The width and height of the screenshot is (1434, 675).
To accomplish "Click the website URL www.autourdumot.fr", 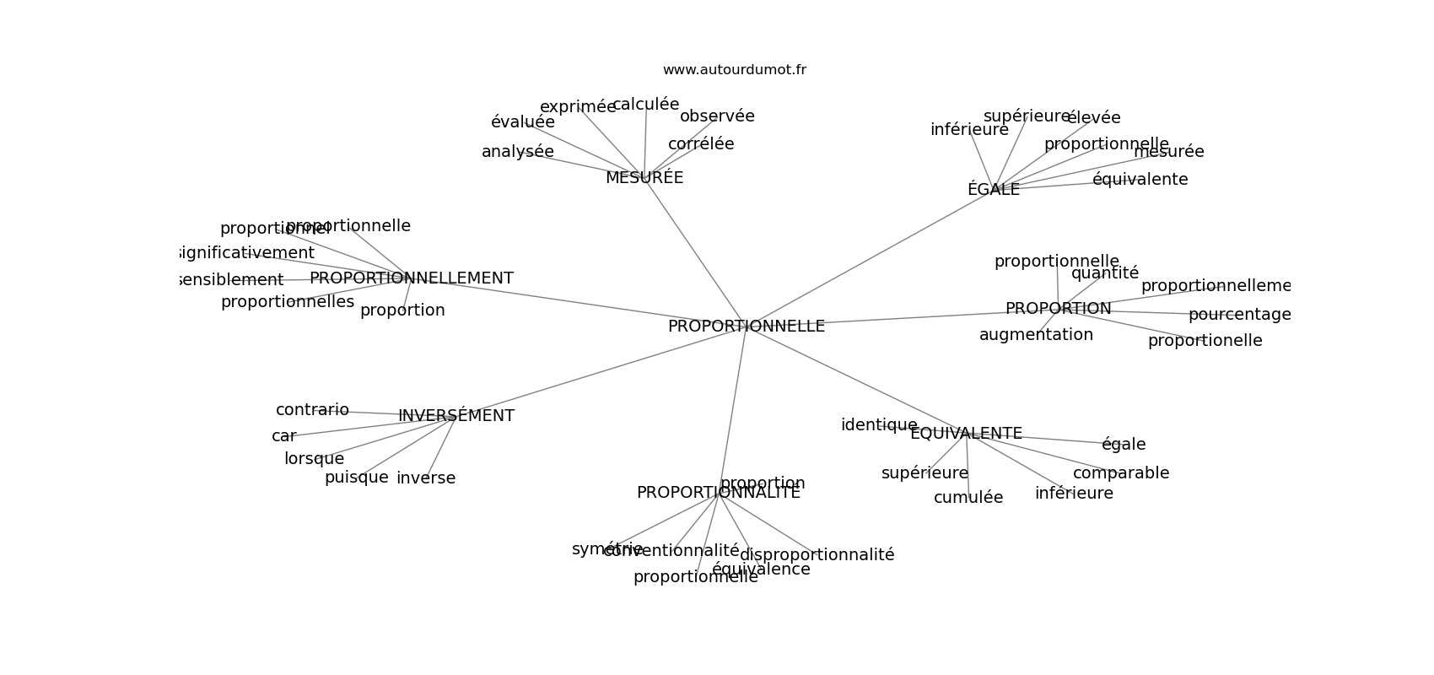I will [734, 70].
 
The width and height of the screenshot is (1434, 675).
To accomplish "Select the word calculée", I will [645, 105].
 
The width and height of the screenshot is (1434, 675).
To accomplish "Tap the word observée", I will [717, 116].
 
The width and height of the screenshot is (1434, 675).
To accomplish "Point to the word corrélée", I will [701, 144].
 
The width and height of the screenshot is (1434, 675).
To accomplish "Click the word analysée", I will [517, 152].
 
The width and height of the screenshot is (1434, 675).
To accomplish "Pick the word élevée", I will [1094, 118].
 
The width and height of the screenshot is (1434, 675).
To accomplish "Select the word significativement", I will [246, 253].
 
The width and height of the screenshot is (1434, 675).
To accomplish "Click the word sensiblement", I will [232, 280].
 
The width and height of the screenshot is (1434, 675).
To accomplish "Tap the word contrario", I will [312, 410].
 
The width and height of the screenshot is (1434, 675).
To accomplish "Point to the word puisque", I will [356, 478].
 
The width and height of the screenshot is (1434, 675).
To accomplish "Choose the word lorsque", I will [314, 459].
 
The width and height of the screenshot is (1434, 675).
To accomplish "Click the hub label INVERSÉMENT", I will [456, 416].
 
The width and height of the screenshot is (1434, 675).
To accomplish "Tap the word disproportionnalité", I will [817, 555].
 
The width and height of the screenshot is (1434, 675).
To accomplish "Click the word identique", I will [879, 425].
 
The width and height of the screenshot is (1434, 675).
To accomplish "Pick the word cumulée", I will [968, 498].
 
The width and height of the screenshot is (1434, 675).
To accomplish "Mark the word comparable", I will [1121, 473].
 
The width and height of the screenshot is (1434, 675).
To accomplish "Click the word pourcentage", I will [1239, 315].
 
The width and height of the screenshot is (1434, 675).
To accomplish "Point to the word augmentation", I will [1036, 335].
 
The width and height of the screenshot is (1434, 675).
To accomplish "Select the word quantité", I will [1105, 273].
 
